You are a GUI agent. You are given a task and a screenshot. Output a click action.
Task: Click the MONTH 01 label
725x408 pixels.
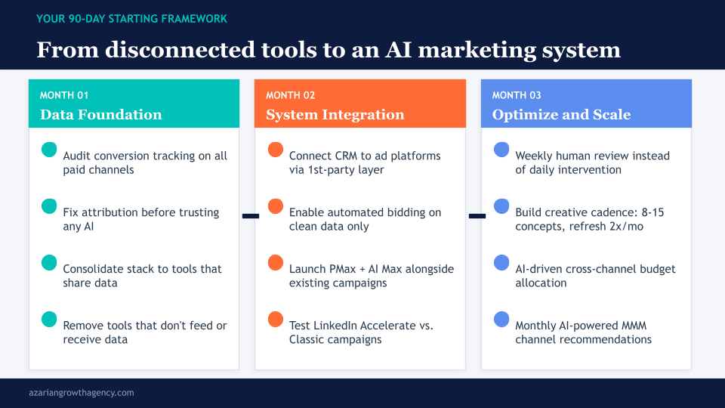(64, 95)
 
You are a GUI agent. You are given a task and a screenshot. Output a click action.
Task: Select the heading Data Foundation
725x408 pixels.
(100, 115)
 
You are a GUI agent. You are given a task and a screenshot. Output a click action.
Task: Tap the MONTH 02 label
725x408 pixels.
(292, 95)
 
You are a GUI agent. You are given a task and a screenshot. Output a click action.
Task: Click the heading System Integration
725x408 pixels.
(335, 115)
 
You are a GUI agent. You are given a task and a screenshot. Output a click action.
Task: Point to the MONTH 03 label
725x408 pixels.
(518, 95)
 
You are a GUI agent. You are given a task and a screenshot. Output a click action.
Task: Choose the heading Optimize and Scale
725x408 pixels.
(561, 115)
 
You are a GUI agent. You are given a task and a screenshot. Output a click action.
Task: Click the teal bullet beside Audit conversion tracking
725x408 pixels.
(49, 150)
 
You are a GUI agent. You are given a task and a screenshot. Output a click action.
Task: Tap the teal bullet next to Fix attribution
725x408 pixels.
(49, 206)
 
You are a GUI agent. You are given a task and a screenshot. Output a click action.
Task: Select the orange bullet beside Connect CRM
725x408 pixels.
(276, 150)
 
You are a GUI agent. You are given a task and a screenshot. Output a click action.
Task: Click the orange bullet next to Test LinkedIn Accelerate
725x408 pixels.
(276, 320)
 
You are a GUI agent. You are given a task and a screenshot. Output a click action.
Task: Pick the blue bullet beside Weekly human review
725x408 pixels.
(501, 150)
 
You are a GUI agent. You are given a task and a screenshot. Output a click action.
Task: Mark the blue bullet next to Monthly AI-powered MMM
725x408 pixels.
(501, 320)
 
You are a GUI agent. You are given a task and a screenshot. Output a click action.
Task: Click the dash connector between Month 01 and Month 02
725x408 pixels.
(250, 216)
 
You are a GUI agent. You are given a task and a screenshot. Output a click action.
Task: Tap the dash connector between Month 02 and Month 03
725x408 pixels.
(477, 216)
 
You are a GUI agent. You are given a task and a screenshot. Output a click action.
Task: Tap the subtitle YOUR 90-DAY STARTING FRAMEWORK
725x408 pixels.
(131, 18)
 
